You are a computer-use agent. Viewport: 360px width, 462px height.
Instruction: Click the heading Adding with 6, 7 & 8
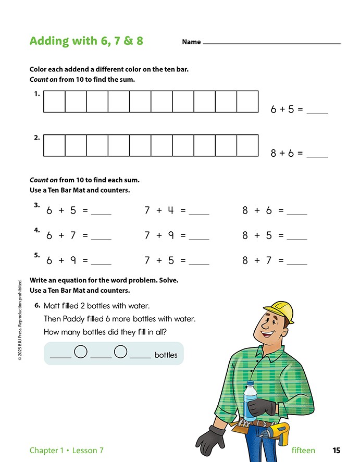click(86, 41)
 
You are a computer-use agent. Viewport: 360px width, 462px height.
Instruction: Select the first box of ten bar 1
click(54, 102)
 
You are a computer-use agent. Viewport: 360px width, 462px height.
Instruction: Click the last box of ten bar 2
click(247, 145)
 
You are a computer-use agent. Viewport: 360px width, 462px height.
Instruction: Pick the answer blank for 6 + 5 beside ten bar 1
click(317, 110)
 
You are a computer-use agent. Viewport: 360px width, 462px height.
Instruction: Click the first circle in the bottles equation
click(81, 353)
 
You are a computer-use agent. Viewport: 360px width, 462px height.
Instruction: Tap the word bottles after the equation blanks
click(166, 355)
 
